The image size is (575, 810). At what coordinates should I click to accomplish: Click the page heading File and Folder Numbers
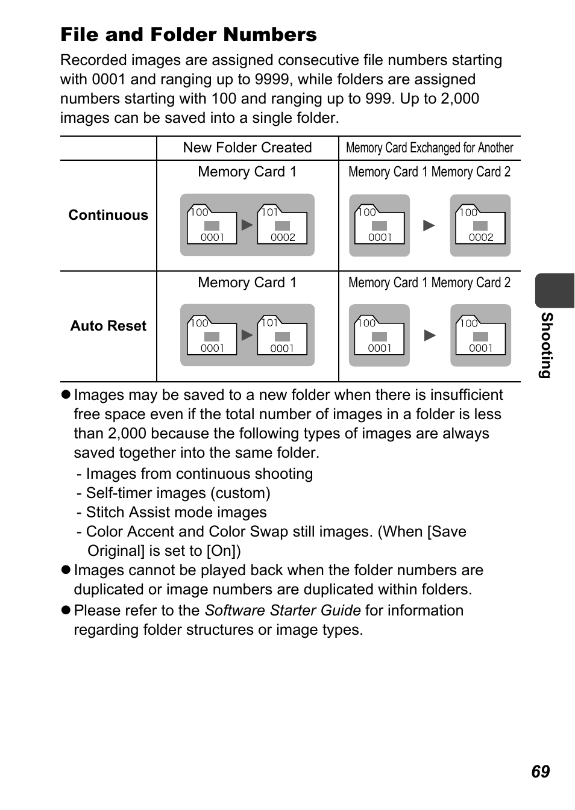188,35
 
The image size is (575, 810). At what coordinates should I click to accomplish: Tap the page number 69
540,772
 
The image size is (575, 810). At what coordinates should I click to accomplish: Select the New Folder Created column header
247,148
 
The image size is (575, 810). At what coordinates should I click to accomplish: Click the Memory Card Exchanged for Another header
429,148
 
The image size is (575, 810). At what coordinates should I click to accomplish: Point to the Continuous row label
108,216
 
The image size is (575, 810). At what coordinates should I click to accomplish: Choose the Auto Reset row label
108,326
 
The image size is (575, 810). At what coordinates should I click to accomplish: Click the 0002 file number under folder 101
283,237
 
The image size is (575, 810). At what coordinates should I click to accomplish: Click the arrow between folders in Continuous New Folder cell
247,225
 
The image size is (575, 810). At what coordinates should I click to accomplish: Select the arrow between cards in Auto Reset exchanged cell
430,335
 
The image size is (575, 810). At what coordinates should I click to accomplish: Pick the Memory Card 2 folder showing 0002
480,225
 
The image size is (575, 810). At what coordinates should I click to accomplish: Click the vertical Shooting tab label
545,344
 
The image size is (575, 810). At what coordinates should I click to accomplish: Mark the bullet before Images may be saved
66,395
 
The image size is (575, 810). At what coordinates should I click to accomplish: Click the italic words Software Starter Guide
283,611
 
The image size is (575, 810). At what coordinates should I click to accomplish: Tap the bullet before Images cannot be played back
66,570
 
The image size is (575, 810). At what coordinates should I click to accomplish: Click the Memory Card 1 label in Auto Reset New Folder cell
247,283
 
